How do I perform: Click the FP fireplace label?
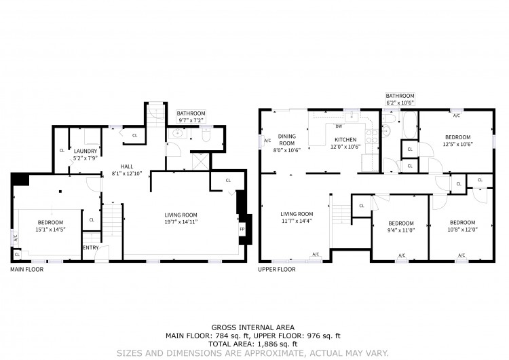[242, 229]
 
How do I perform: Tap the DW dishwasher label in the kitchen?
[339, 126]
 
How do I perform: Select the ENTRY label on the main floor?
[91, 247]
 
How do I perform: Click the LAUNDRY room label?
[86, 151]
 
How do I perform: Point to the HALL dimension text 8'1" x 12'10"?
[127, 173]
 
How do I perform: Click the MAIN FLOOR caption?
[26, 270]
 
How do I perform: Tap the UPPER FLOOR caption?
[277, 270]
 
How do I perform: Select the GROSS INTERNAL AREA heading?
[253, 327]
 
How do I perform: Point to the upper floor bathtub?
[410, 126]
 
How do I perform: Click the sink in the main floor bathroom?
[178, 133]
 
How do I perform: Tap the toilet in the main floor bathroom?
[206, 134]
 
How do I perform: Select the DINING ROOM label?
[287, 140]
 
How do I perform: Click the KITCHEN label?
[345, 139]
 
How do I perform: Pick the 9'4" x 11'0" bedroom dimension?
[401, 230]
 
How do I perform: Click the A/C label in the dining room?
[267, 141]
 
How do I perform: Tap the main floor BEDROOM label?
[50, 223]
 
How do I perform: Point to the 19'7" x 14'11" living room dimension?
[181, 222]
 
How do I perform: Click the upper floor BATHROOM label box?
[400, 99]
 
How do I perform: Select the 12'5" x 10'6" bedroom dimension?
[457, 144]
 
